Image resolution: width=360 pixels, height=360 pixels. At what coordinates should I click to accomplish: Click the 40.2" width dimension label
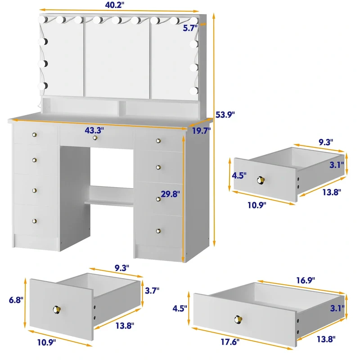coord(115,5)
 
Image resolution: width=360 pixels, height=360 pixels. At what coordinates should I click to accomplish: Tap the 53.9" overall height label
coord(225,114)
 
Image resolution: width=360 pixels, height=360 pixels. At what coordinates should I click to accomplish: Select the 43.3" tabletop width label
coord(94,130)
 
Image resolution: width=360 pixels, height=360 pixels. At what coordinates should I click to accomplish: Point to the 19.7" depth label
coord(201,130)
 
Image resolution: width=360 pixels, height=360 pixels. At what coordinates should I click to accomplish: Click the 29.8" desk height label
coord(171,194)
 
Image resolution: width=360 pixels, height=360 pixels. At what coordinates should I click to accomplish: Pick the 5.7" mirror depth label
coord(190,28)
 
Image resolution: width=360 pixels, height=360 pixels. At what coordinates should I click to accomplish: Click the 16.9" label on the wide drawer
coord(306,280)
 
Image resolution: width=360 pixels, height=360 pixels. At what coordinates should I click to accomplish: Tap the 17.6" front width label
coord(230,342)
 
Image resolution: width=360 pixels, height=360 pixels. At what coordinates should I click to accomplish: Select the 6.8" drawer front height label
coord(16,300)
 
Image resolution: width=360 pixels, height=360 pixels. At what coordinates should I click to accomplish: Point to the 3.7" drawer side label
coord(152,290)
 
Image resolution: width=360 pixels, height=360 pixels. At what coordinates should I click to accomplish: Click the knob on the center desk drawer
coord(95,138)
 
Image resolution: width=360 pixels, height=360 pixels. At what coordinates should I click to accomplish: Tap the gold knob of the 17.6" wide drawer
coord(238,319)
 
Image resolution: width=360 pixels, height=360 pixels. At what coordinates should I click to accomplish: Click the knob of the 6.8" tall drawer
coord(57,310)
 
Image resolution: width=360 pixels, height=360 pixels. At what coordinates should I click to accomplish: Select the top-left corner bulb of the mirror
coord(43,19)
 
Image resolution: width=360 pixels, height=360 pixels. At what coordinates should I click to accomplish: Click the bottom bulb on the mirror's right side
coord(194,91)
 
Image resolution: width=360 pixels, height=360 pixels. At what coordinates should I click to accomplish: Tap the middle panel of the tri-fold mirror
coord(117,58)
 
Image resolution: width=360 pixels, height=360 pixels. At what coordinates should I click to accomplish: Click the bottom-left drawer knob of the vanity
coord(35,221)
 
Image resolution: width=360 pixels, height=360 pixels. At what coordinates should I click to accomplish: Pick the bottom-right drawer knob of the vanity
coord(158,231)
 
